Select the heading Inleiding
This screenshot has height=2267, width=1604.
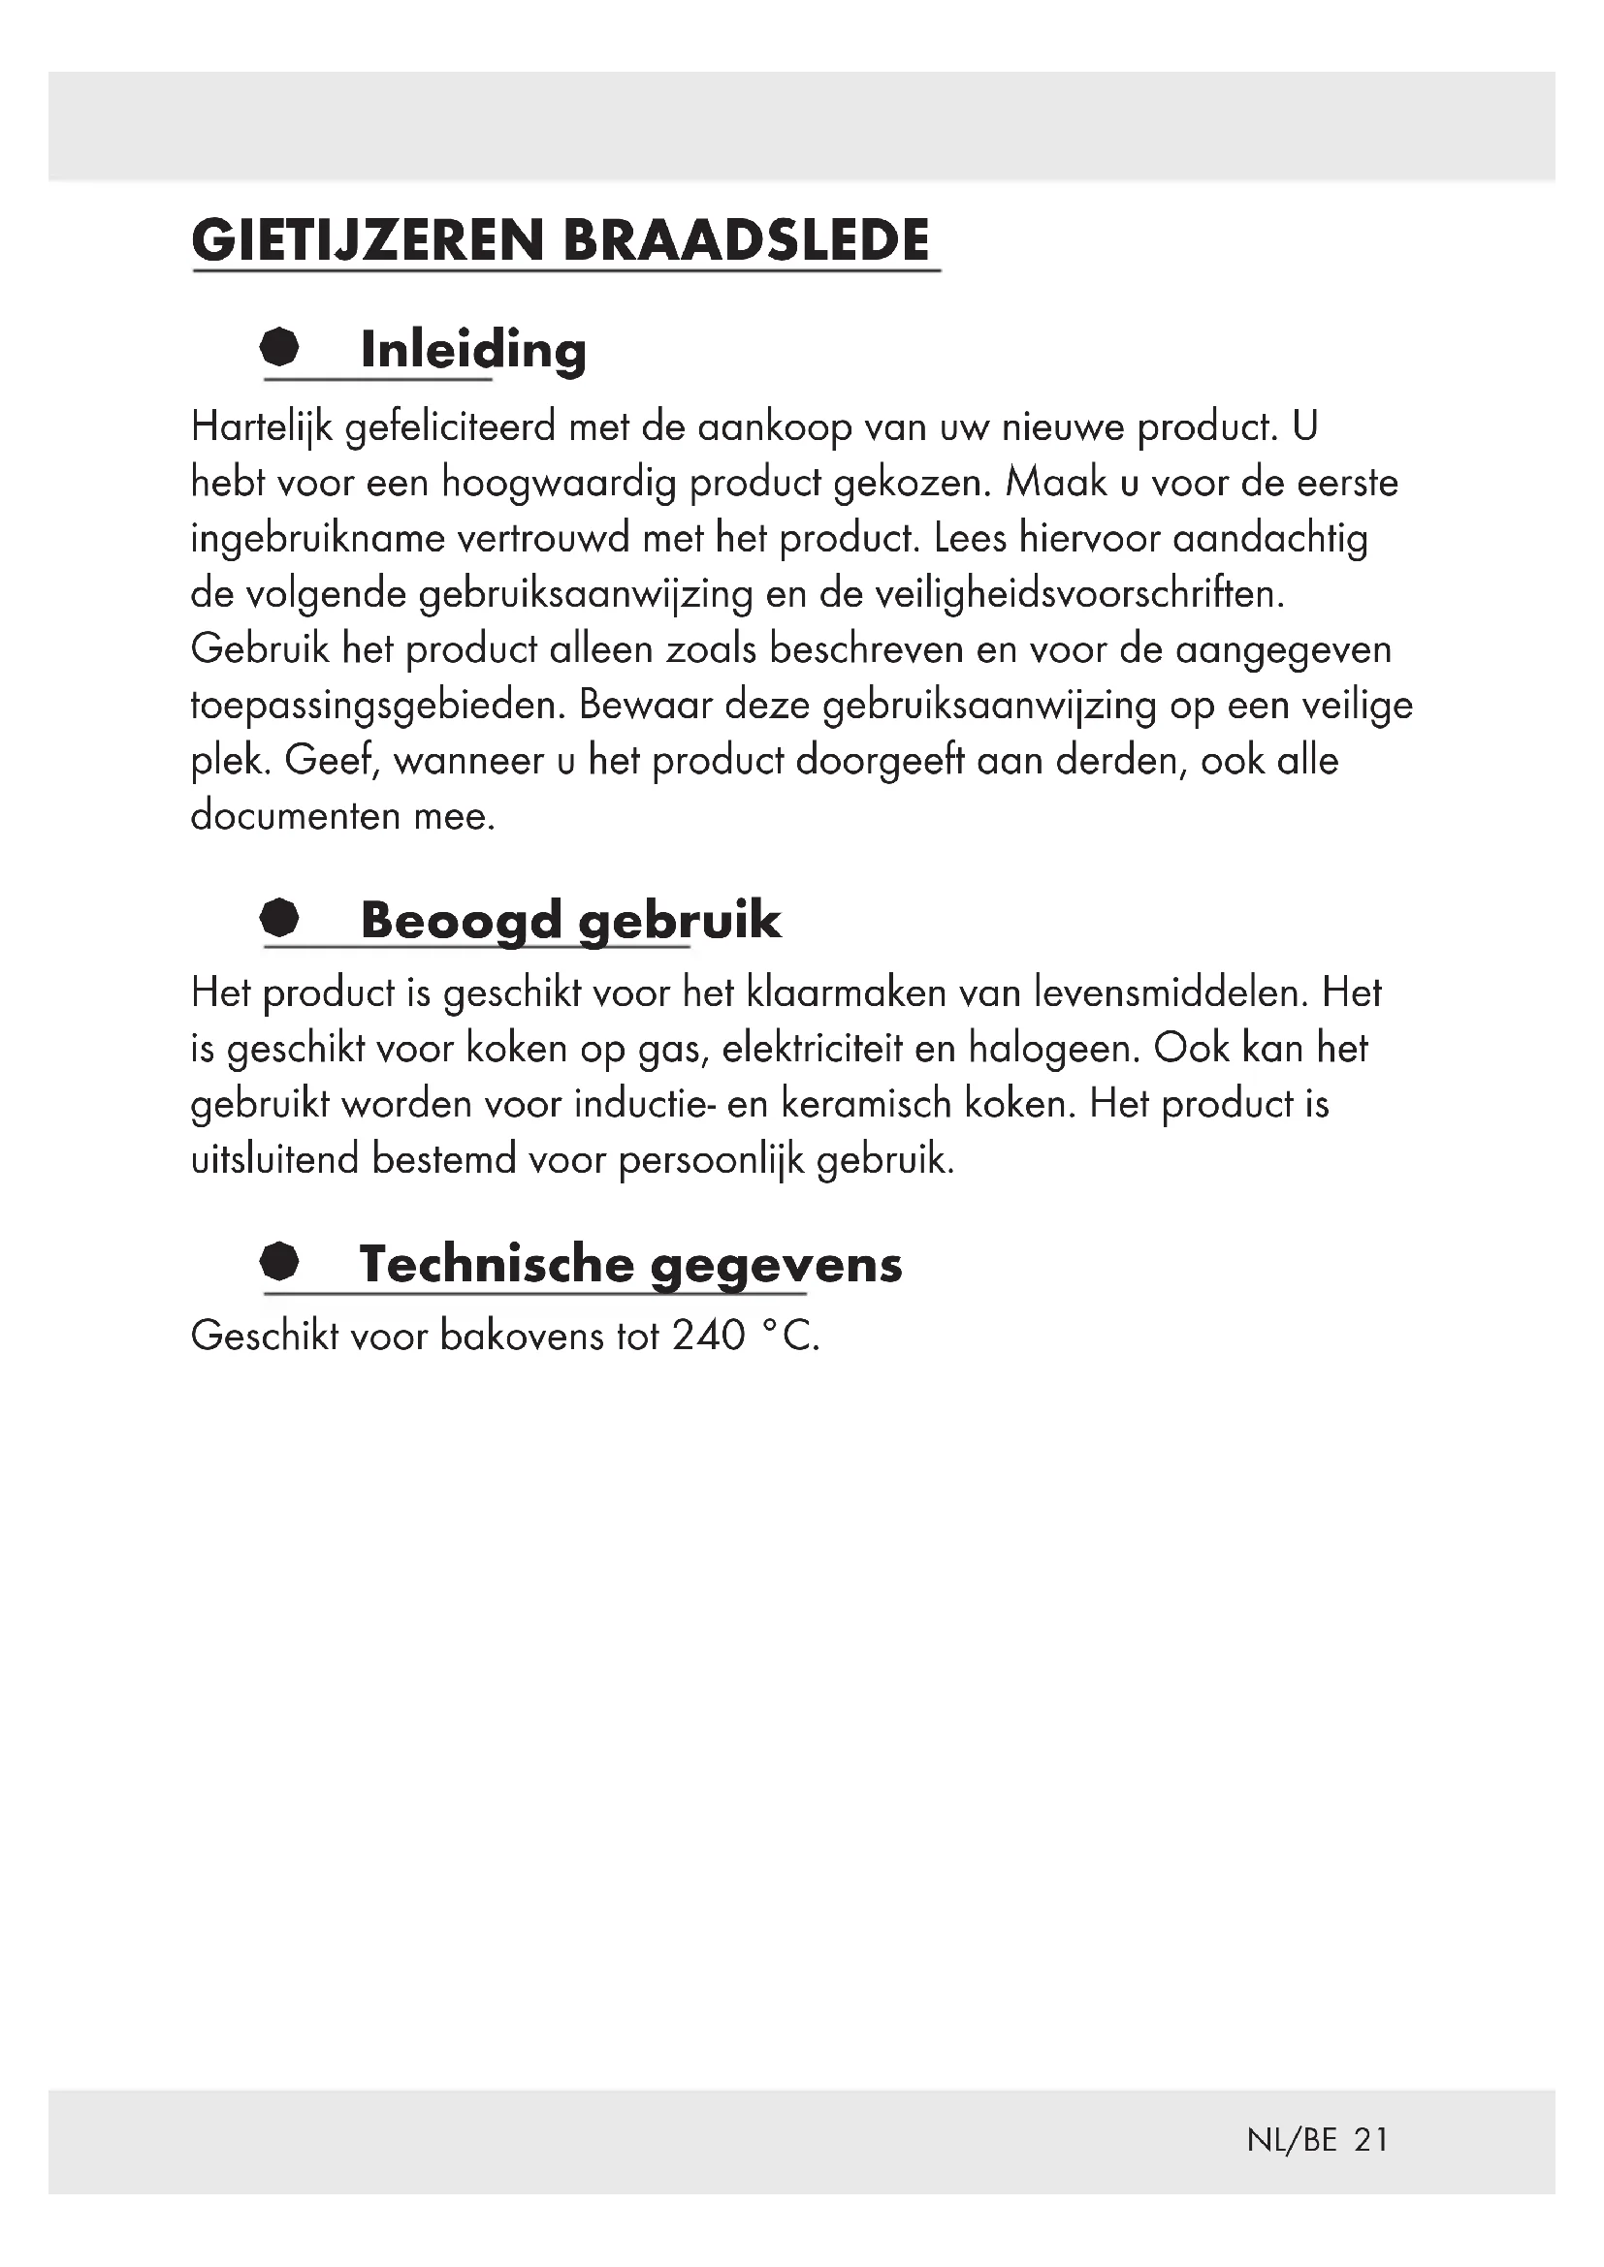473,350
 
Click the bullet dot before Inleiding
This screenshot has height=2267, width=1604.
280,348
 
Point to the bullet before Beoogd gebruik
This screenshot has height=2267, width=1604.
280,917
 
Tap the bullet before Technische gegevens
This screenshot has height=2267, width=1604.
280,1261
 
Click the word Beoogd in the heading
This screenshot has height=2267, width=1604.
462,920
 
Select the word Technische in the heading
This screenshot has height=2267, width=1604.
496,1264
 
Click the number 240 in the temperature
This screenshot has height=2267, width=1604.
708,1335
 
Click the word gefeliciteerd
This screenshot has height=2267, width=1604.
450,426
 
